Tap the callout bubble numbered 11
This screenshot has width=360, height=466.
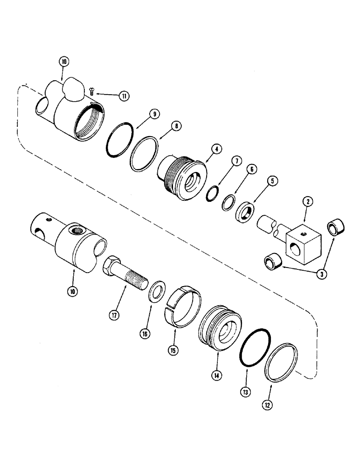point(125,96)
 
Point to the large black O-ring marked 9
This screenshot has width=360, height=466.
point(120,140)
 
